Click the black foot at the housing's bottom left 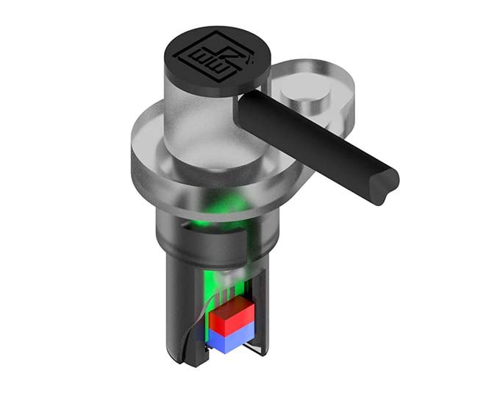pos(187,358)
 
